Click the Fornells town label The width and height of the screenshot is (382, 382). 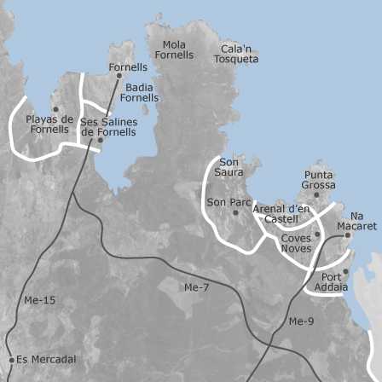[x=128, y=67]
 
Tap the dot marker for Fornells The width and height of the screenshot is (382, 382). [x=119, y=76]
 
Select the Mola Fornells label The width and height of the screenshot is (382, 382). [x=174, y=49]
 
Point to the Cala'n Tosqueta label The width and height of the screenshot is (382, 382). [x=236, y=54]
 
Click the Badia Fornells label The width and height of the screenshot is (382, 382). [x=139, y=92]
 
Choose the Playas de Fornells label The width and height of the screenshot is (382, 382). [x=49, y=124]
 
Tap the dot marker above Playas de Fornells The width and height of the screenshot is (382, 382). [x=55, y=109]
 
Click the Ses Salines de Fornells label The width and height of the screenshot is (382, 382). [x=108, y=127]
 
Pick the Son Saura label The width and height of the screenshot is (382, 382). [x=229, y=167]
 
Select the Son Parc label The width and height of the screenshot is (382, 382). [x=229, y=203]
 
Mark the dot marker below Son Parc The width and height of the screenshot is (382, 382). [x=236, y=212]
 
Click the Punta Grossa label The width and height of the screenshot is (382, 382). [x=318, y=180]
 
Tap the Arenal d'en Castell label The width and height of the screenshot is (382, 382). [x=281, y=214]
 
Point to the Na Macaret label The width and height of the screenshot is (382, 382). [x=356, y=221]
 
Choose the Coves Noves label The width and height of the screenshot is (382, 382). [x=296, y=243]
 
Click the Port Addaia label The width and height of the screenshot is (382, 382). [x=331, y=282]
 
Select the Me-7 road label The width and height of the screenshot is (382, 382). [x=196, y=287]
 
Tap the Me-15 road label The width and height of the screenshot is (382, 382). [x=39, y=300]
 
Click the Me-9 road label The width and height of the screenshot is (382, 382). [x=301, y=321]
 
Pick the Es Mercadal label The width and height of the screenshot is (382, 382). [x=46, y=360]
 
